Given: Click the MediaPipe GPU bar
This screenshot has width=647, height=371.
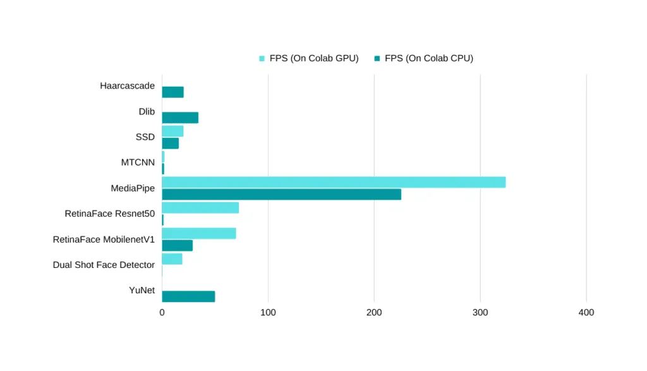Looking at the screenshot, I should click(334, 182).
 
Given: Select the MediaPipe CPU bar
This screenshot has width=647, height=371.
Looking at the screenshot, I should click(281, 195).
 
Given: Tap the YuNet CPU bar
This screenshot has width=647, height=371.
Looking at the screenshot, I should click(188, 296).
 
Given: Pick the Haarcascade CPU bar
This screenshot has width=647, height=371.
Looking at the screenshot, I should click(172, 92).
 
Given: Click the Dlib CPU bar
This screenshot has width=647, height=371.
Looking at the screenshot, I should click(180, 118).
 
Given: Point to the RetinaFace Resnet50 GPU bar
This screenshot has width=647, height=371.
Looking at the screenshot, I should click(200, 208).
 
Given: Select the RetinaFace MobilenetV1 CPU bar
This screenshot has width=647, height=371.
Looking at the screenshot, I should click(177, 246).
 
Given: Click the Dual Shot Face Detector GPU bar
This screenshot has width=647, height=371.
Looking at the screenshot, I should click(172, 259).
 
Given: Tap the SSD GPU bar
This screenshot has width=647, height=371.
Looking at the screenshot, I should click(172, 131).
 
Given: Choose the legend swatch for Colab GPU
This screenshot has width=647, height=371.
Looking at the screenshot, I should click(262, 59).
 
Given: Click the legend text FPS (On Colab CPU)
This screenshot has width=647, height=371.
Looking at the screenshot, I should click(428, 58).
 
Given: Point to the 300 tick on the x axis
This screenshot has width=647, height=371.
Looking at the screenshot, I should click(480, 312).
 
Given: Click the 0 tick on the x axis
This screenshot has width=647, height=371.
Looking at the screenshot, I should click(162, 312).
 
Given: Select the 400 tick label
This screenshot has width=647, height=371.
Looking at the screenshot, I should click(586, 312).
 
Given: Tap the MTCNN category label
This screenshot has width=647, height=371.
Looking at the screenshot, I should click(138, 162).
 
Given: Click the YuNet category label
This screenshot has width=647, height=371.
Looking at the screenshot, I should click(142, 290).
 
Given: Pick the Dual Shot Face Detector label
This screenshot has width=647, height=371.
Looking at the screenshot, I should click(104, 265).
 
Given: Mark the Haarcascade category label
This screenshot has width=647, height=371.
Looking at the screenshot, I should click(127, 86).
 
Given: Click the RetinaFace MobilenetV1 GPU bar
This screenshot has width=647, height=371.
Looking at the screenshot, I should click(198, 233).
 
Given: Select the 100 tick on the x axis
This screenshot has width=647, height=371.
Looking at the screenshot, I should click(268, 312).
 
